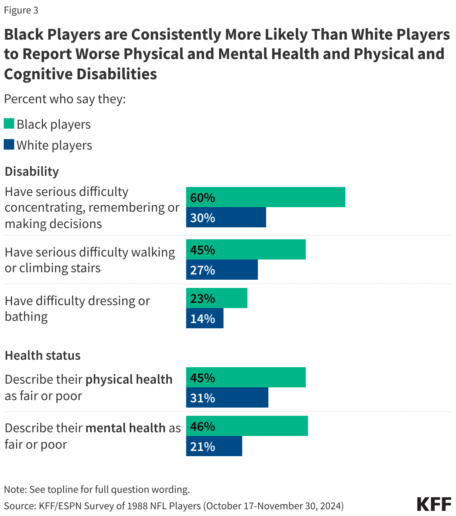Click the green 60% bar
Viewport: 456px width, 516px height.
[x=265, y=197]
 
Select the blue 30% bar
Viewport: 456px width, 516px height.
[x=226, y=217]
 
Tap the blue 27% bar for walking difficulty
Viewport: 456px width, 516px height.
[x=222, y=270]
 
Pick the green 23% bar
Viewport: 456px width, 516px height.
[x=217, y=298]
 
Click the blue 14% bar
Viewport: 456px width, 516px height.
[x=205, y=318]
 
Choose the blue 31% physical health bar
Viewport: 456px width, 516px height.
[x=227, y=397]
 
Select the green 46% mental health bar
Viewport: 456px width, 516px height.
[x=247, y=426]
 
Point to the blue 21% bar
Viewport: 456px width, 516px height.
[x=214, y=446]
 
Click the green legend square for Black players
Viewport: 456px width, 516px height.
[x=9, y=124]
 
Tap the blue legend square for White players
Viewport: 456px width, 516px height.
[x=9, y=145]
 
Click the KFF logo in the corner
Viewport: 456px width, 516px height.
[x=434, y=504]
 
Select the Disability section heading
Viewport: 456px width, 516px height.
[x=32, y=171]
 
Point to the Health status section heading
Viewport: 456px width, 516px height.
[x=43, y=355]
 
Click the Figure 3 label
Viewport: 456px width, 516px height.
[x=21, y=10]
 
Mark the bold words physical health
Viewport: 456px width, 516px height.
[x=129, y=379]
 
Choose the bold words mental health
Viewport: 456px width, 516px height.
[x=126, y=428]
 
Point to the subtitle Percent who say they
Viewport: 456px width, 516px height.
[x=65, y=99]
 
